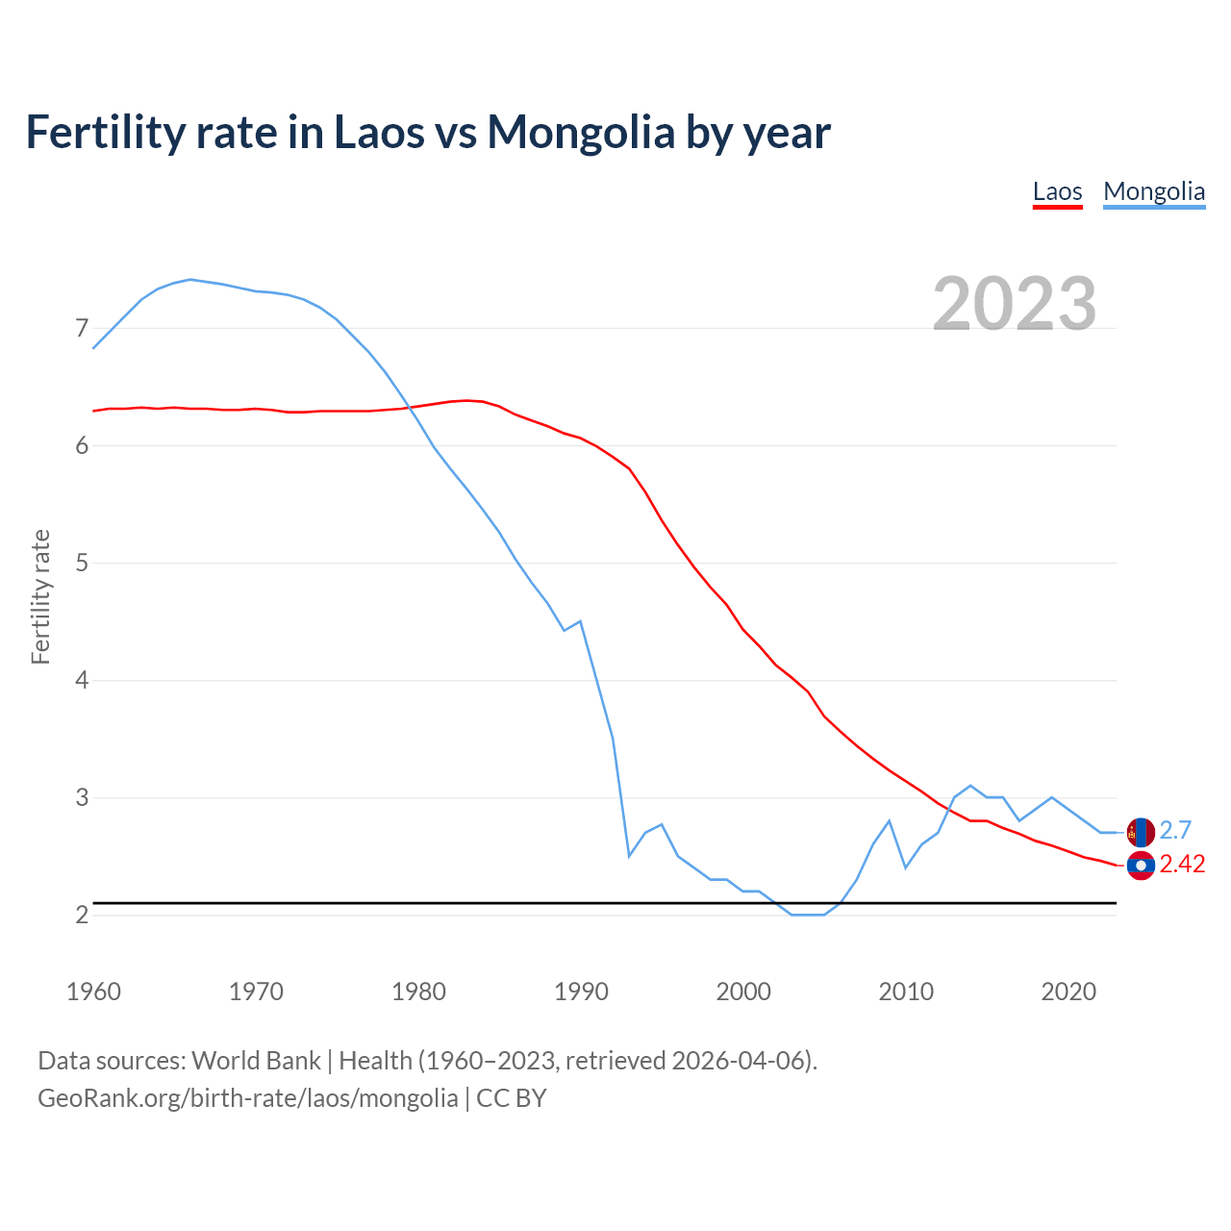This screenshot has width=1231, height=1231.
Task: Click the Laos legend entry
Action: [x=1057, y=191]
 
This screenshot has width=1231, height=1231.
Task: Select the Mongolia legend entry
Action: [x=1153, y=191]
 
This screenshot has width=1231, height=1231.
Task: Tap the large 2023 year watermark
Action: [x=1015, y=303]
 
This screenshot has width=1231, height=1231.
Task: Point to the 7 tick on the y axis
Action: [x=82, y=329]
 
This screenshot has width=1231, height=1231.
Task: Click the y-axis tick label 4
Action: [x=82, y=681]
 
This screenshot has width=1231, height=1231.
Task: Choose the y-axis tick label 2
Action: [x=82, y=915]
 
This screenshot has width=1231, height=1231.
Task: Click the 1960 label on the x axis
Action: [x=93, y=992]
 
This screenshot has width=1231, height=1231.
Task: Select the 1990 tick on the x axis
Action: [x=581, y=992]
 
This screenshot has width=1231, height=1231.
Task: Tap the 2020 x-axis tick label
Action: [x=1068, y=992]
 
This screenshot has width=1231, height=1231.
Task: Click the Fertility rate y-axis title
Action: [x=40, y=596]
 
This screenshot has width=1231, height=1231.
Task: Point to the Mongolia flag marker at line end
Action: [x=1141, y=832]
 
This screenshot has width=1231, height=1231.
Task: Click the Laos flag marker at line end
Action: [x=1141, y=866]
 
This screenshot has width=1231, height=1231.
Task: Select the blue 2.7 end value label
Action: [x=1175, y=830]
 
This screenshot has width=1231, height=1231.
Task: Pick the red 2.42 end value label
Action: [x=1182, y=865]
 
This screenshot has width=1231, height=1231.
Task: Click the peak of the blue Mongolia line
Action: [x=190, y=279]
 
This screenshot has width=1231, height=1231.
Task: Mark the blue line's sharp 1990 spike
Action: [x=580, y=621]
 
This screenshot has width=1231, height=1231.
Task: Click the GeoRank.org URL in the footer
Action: [x=247, y=1098]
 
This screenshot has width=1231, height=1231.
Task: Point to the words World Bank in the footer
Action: [x=256, y=1061]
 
